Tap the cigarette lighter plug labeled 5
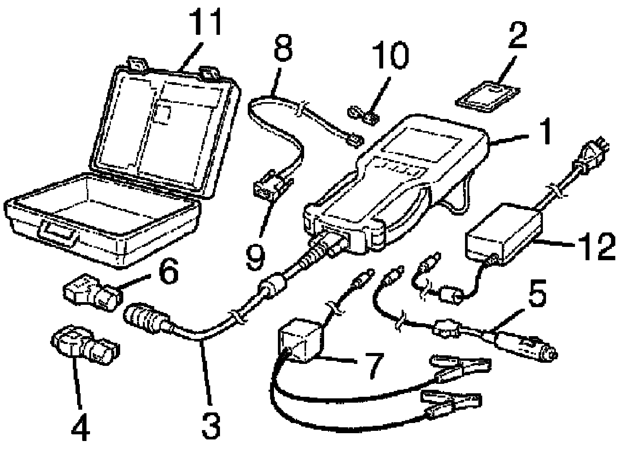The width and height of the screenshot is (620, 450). [524, 344]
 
